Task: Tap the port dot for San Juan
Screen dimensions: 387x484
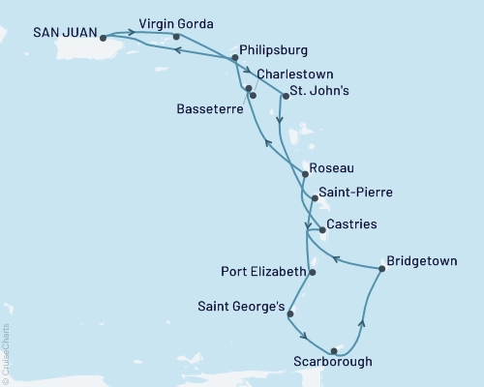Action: click(x=104, y=39)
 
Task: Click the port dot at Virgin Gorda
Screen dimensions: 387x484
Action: click(x=175, y=37)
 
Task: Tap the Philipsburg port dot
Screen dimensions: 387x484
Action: click(x=234, y=58)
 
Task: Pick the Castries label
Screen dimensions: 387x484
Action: click(x=352, y=224)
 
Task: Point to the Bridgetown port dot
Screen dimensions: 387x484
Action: click(x=381, y=269)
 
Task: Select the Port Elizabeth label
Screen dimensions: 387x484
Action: click(x=262, y=272)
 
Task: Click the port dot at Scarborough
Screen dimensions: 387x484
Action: click(x=333, y=351)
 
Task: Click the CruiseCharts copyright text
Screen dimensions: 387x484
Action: click(x=6, y=354)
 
